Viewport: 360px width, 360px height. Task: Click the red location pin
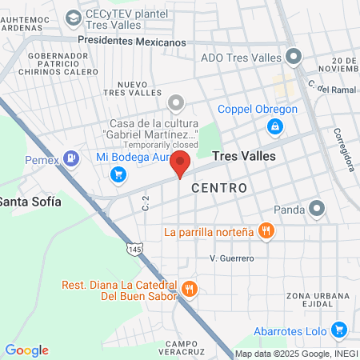pyautogui.click(x=181, y=162)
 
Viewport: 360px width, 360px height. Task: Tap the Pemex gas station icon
pyautogui.click(x=72, y=158)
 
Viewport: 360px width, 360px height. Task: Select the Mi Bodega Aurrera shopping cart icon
pyautogui.click(x=119, y=174)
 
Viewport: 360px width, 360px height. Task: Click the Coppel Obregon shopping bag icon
pyautogui.click(x=274, y=126)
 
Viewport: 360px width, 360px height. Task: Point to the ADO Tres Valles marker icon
pyautogui.click(x=294, y=57)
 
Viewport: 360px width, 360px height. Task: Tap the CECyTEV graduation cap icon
pyautogui.click(x=74, y=16)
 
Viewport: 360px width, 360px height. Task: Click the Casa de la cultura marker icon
pyautogui.click(x=176, y=103)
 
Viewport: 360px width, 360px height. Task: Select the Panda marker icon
pyautogui.click(x=318, y=210)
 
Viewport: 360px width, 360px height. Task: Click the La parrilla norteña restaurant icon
pyautogui.click(x=267, y=233)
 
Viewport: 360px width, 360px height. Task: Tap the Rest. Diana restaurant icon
pyautogui.click(x=189, y=289)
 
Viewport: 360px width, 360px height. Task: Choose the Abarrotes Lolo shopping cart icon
pyautogui.click(x=338, y=328)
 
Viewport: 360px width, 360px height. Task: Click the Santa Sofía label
pyautogui.click(x=30, y=202)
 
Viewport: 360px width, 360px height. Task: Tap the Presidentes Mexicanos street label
pyautogui.click(x=132, y=42)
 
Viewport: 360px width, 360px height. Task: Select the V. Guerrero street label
pyautogui.click(x=231, y=258)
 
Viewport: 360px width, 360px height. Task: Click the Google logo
pyautogui.click(x=26, y=350)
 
